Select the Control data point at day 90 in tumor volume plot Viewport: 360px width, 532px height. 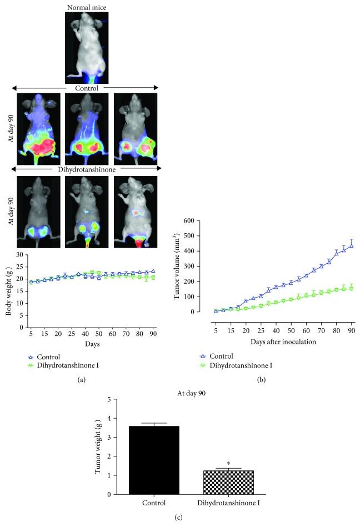(352, 245)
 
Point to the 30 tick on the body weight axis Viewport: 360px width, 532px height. (19, 255)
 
